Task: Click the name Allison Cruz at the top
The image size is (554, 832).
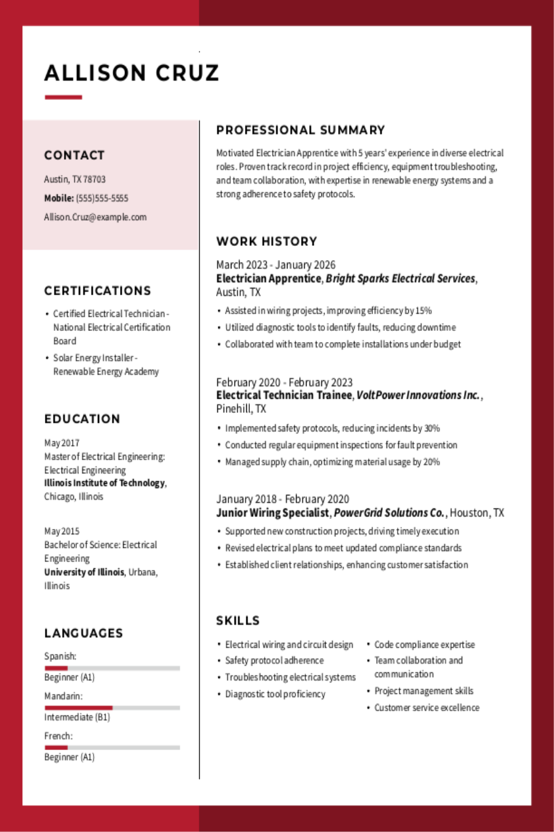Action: click(132, 73)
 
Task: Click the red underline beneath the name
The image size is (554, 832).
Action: click(63, 97)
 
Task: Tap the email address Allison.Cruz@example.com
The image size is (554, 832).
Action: click(95, 217)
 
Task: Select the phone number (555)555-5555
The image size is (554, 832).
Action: click(102, 198)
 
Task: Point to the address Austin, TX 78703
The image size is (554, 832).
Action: click(74, 179)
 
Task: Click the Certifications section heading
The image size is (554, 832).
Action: click(97, 291)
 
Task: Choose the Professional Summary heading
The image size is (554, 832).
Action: click(300, 130)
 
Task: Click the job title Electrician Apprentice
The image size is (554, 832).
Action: click(268, 279)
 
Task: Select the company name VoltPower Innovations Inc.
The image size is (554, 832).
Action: click(419, 395)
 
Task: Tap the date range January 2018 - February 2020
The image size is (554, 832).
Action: click(283, 499)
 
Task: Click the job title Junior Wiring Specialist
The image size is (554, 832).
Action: click(272, 513)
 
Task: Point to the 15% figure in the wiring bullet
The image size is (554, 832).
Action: click(423, 311)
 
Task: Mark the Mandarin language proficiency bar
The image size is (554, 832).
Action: click(112, 708)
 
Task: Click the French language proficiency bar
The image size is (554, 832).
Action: click(112, 748)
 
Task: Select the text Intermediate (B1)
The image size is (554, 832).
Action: click(77, 717)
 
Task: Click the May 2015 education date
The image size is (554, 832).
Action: click(62, 531)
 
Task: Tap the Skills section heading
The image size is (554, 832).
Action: click(238, 621)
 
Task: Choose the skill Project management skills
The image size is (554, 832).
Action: click(424, 691)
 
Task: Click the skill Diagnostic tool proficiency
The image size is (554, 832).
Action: click(275, 694)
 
